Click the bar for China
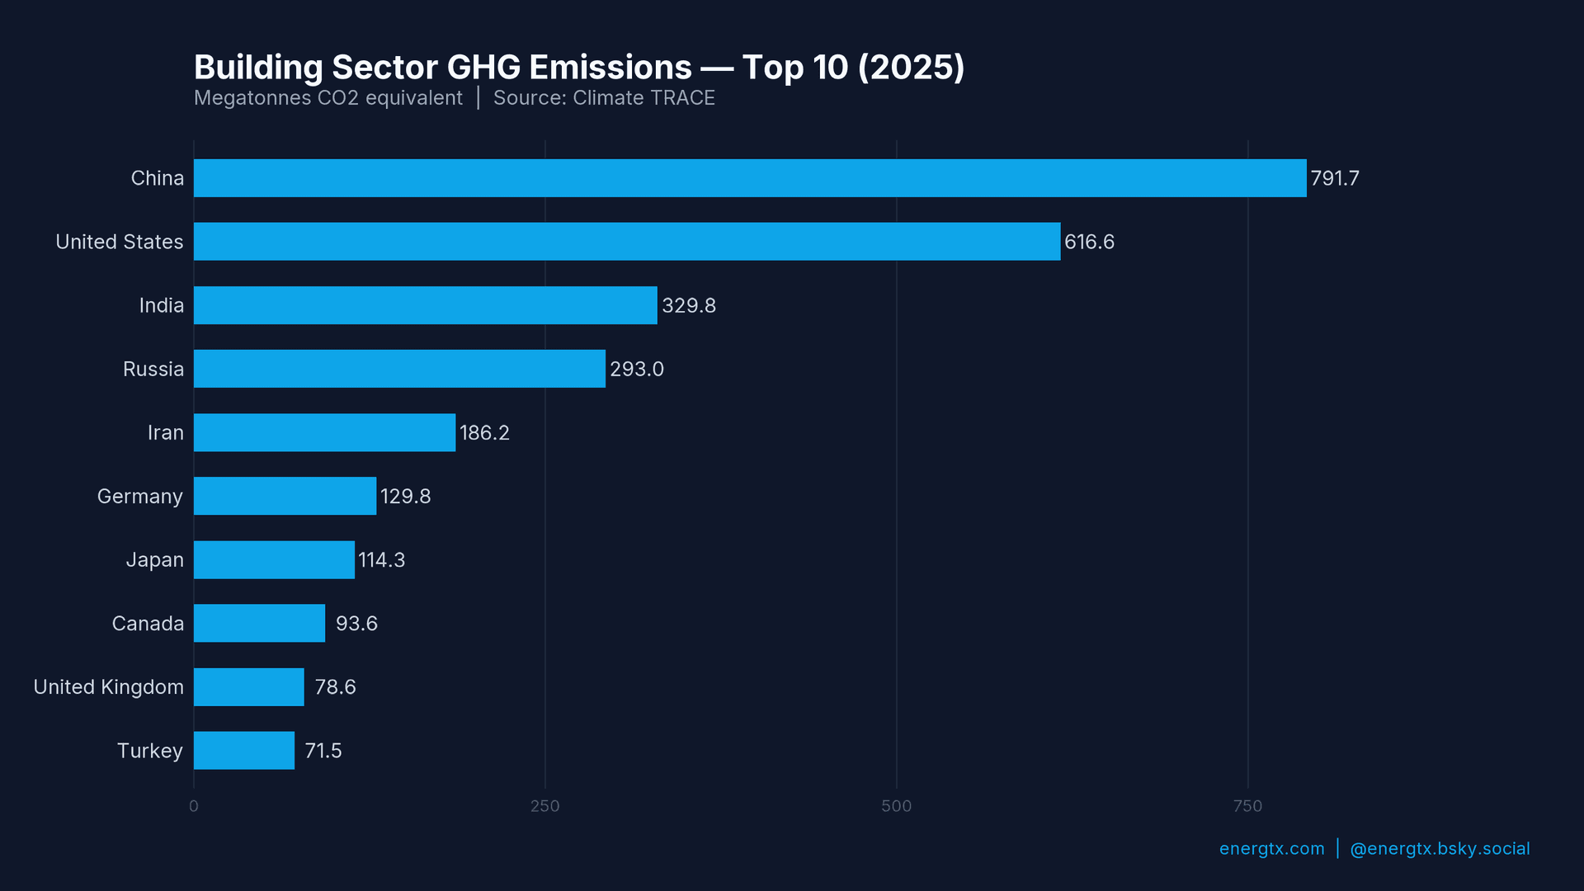[750, 178]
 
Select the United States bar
[627, 242]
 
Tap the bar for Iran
[324, 432]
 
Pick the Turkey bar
[244, 751]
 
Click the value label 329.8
[689, 306]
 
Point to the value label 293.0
[637, 370]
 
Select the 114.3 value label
[382, 560]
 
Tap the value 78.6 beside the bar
[335, 687]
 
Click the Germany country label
[140, 497]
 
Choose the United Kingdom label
[109, 687]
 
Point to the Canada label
[148, 624]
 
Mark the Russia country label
[153, 370]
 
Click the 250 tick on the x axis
[544, 806]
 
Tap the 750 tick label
[1247, 806]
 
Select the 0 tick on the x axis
[194, 806]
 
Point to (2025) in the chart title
[911, 68]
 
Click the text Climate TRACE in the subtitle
[643, 98]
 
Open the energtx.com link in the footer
[1271, 849]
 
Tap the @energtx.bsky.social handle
[1440, 849]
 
